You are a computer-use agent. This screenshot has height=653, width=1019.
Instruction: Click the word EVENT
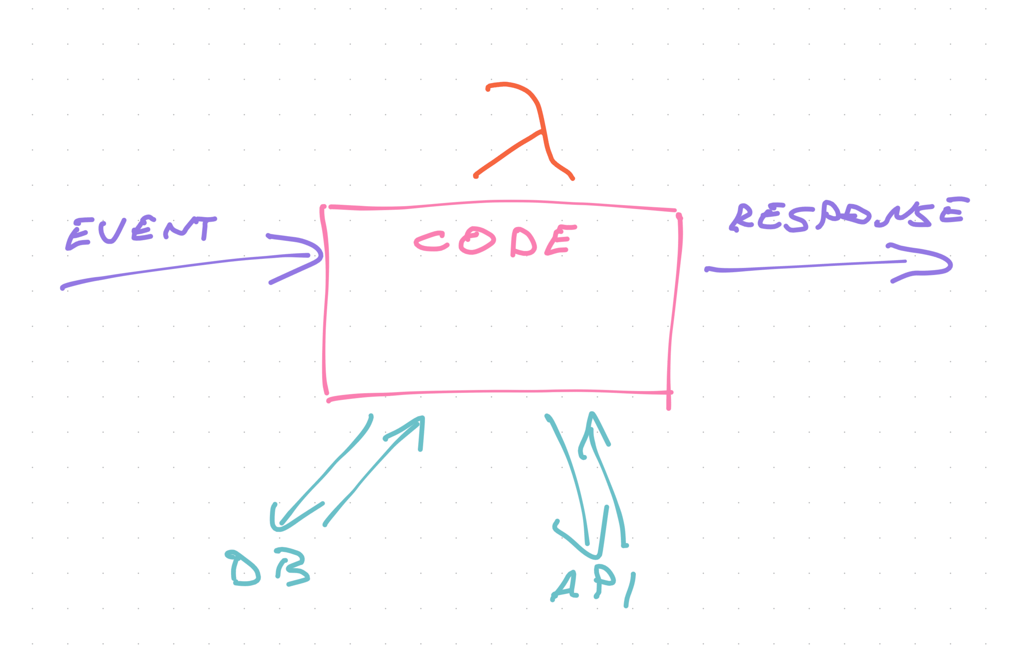141,233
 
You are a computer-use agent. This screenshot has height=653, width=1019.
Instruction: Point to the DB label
267,568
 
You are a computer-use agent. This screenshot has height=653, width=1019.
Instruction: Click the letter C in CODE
431,241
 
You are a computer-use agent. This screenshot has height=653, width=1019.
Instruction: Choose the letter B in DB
293,567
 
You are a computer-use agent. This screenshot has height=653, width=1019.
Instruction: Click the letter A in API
565,586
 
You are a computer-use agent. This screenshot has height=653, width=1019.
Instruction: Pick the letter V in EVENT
112,231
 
